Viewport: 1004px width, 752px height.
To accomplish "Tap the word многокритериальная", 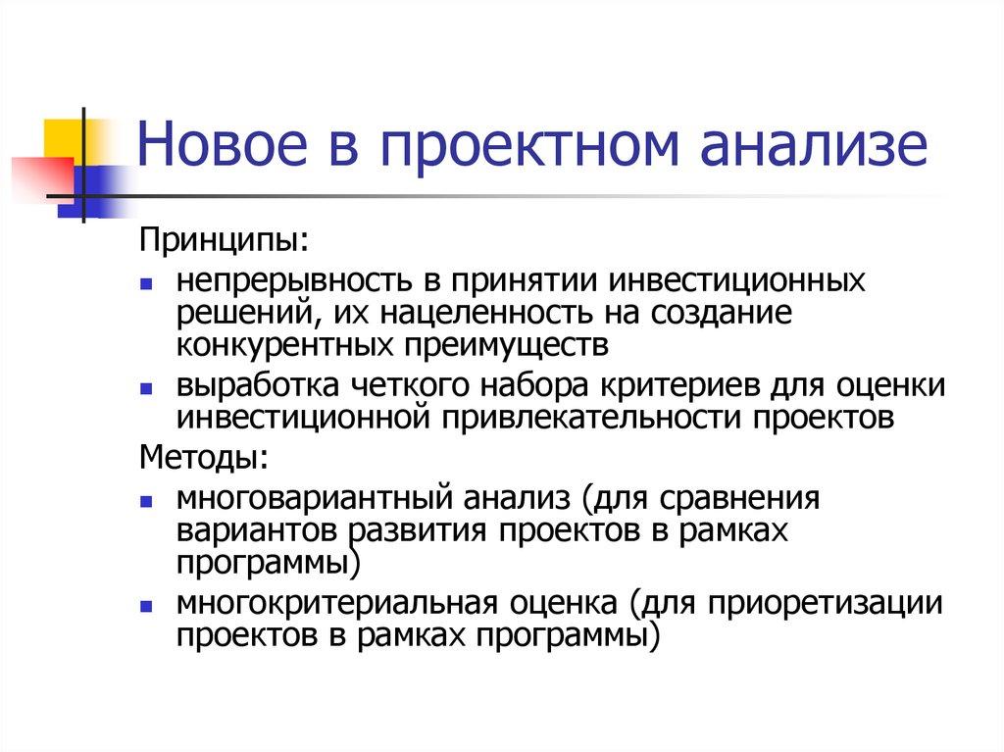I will tap(327, 602).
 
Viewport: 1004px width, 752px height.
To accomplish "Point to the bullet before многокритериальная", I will tap(145, 604).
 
